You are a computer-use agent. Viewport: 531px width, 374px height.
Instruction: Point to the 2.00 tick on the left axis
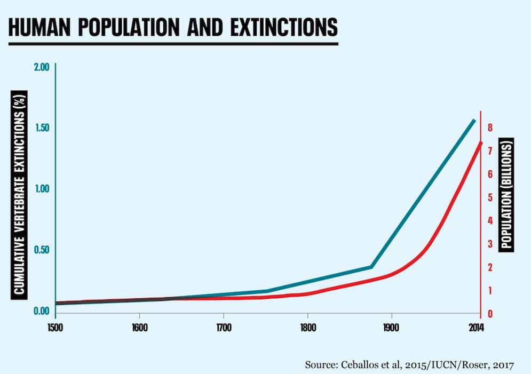coord(41,67)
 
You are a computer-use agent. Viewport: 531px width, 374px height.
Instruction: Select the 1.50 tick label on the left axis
coord(41,128)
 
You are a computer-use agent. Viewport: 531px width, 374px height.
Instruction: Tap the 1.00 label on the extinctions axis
coord(41,189)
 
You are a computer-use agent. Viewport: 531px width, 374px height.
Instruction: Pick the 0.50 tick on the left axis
coord(41,250)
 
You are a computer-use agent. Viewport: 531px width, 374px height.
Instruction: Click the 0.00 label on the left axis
coord(41,311)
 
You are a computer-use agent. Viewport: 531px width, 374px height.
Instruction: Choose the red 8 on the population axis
coord(489,127)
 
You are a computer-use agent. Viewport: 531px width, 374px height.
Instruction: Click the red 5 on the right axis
coord(489,197)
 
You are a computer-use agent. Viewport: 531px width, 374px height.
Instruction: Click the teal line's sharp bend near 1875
coord(371,266)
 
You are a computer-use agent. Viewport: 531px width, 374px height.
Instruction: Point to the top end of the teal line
coord(474,120)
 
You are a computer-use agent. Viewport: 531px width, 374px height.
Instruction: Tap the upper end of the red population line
coord(481,142)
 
